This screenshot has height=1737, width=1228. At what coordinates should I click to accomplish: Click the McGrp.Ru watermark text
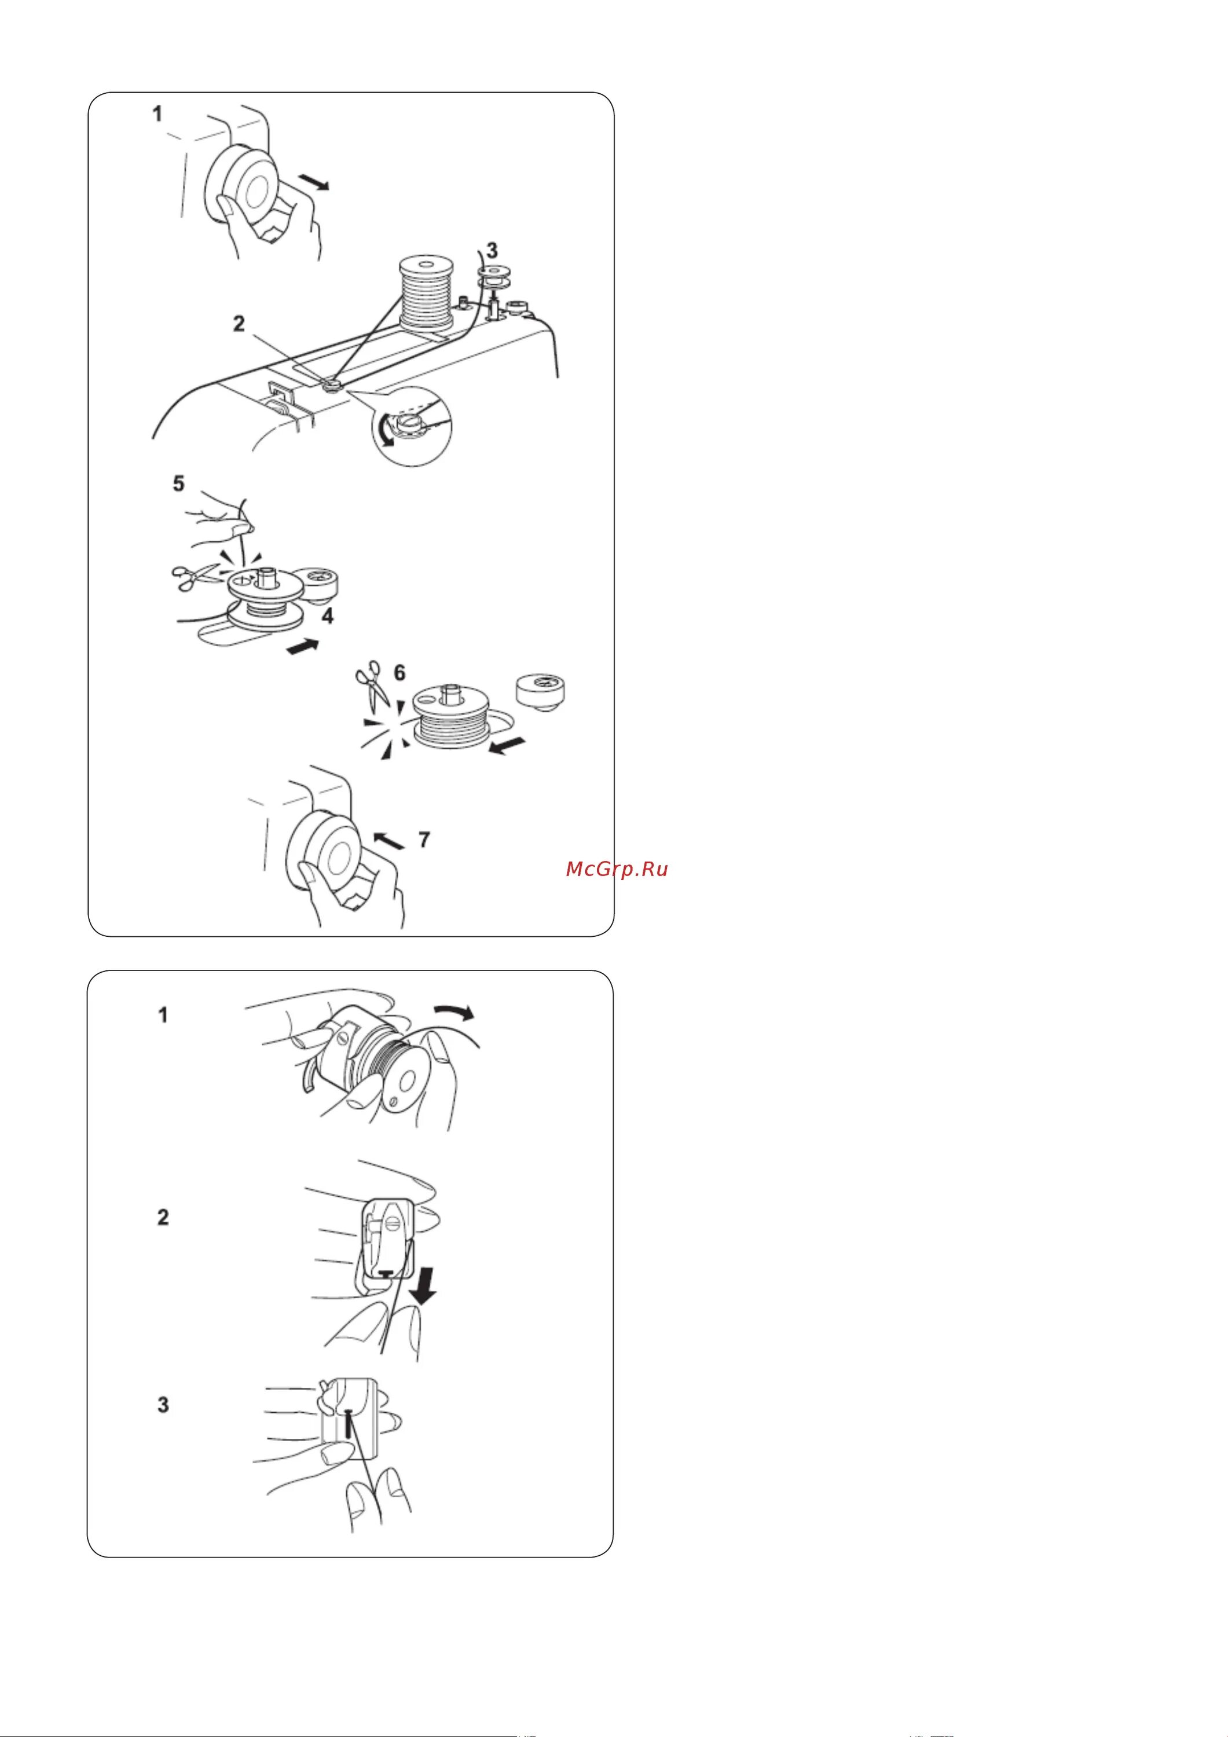pyautogui.click(x=617, y=869)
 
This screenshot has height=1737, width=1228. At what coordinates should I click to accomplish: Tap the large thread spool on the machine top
pyautogui.click(x=427, y=294)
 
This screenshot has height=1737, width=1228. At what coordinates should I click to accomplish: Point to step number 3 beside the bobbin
pyautogui.click(x=492, y=250)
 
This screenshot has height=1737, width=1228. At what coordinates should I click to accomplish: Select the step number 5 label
pyautogui.click(x=178, y=483)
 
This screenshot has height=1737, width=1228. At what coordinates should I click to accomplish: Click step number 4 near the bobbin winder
pyautogui.click(x=328, y=616)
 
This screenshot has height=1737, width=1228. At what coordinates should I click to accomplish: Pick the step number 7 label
pyautogui.click(x=424, y=839)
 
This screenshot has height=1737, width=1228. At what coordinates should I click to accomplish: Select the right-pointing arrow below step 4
pyautogui.click(x=303, y=646)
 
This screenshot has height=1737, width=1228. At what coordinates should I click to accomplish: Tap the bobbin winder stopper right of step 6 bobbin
pyautogui.click(x=542, y=693)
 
